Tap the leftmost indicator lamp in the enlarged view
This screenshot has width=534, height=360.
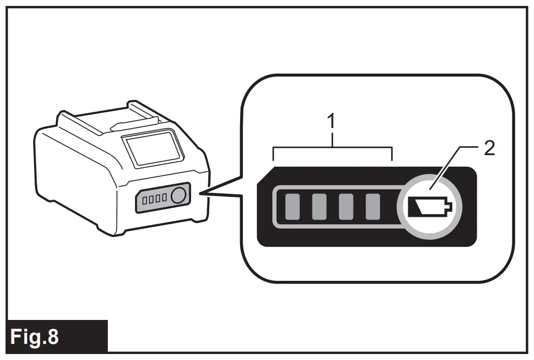click(292, 207)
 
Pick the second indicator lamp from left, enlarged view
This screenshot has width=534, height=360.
click(319, 207)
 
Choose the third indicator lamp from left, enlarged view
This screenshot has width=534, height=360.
click(346, 207)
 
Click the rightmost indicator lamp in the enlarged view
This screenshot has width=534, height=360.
click(372, 207)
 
